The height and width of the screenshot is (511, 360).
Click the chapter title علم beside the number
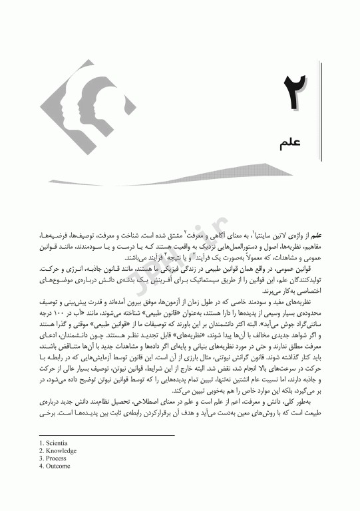click(x=293, y=143)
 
